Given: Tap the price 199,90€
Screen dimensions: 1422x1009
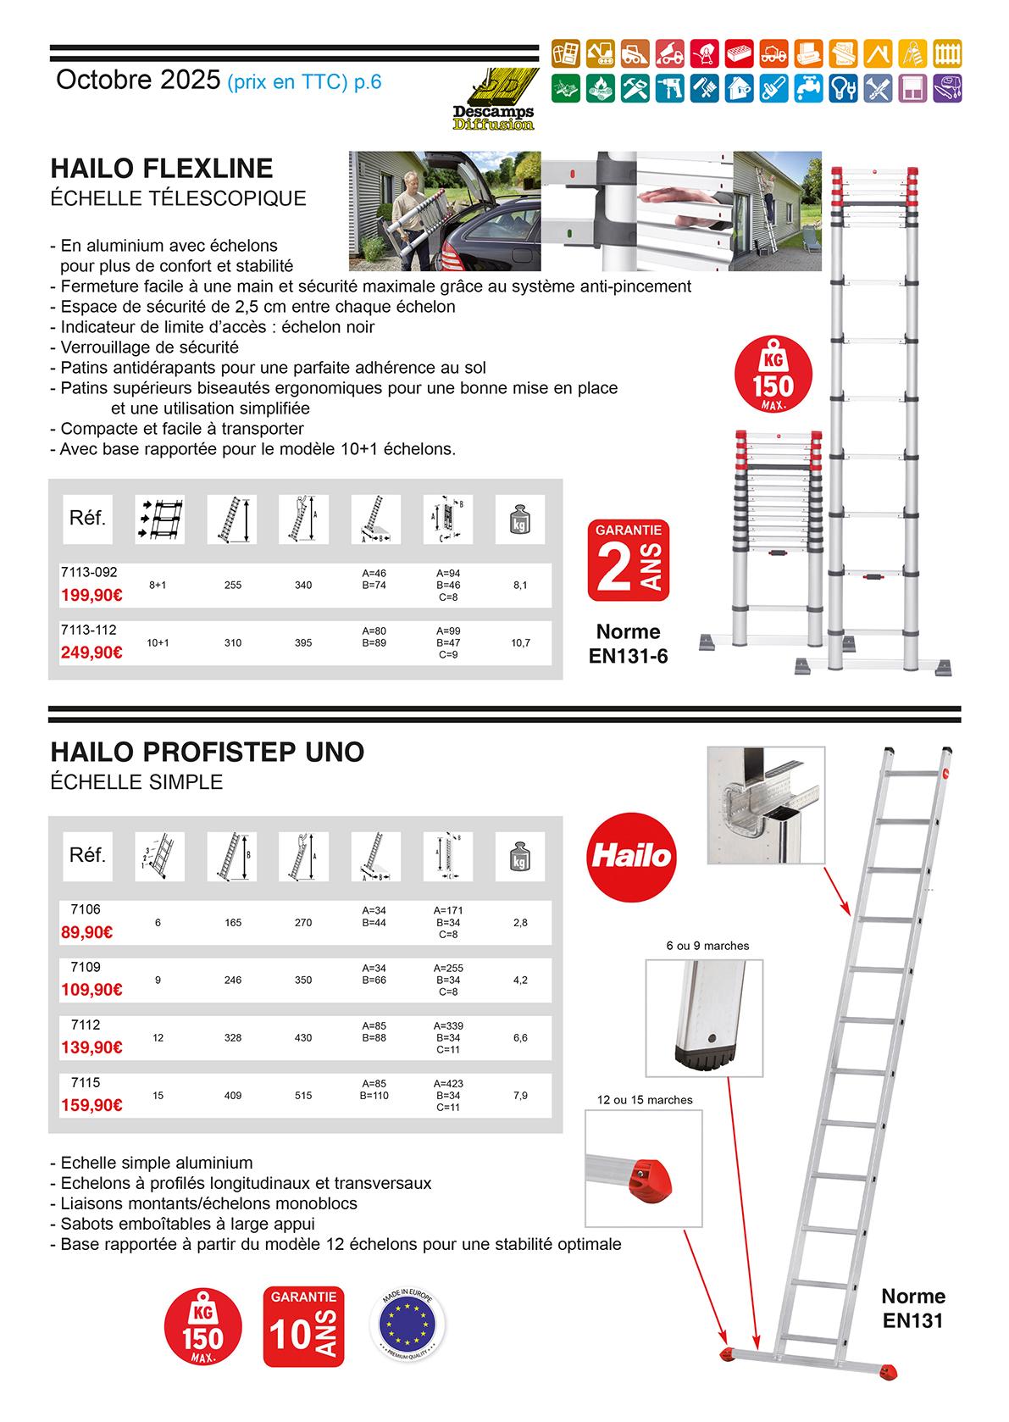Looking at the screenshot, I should click(91, 596).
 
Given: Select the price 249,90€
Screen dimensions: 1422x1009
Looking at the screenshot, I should click(91, 653).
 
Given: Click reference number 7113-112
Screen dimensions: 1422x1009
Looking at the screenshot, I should click(88, 630).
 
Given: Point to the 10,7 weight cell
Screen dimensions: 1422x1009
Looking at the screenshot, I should click(520, 643).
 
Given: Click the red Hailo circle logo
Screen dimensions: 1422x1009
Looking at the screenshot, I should click(630, 855).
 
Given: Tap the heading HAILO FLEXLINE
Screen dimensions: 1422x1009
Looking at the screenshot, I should click(162, 169).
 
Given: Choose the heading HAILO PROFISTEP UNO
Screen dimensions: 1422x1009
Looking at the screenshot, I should click(208, 752).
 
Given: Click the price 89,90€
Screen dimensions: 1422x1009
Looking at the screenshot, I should click(87, 932).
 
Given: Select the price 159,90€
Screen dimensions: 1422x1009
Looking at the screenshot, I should click(91, 1105).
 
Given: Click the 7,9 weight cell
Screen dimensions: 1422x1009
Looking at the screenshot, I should click(520, 1096).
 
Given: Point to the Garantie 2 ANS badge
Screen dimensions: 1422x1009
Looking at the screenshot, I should click(628, 560).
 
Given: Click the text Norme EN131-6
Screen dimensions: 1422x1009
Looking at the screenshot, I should click(628, 643).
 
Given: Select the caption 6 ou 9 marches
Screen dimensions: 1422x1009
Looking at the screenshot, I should click(708, 946).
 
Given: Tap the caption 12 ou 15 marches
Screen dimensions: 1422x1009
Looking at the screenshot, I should click(645, 1100).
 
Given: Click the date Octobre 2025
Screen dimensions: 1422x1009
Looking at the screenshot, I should click(138, 81).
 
